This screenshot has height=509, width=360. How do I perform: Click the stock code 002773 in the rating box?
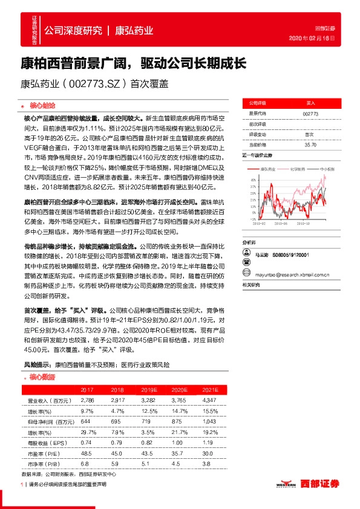coord(310,113)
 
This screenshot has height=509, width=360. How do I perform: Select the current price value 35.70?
coord(310,145)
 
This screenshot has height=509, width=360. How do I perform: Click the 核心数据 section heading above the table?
coord(42,377)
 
